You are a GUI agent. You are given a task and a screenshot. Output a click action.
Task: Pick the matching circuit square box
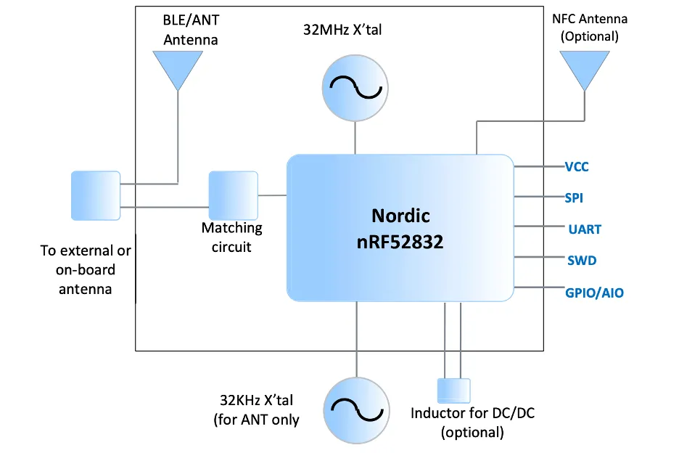click(x=233, y=195)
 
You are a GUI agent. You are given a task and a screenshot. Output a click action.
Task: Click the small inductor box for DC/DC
click(x=453, y=391)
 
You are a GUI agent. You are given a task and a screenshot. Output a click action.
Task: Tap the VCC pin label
click(x=577, y=167)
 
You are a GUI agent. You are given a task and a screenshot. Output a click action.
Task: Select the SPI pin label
click(x=574, y=197)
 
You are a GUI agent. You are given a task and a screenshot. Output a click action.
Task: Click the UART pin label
click(x=585, y=229)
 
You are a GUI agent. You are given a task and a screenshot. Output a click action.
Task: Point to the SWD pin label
click(x=581, y=260)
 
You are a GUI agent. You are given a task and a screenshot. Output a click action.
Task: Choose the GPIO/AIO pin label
click(x=594, y=293)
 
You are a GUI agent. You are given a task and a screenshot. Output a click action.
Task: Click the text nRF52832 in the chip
click(x=400, y=242)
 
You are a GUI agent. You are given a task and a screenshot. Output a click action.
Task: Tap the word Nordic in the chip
click(x=400, y=215)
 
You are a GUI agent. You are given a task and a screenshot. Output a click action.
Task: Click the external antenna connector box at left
click(x=96, y=195)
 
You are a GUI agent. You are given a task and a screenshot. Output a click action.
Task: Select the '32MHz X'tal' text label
click(x=343, y=30)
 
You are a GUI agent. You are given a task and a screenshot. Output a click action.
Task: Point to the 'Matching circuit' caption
click(x=231, y=237)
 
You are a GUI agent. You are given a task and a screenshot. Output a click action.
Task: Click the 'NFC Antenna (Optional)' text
click(x=589, y=28)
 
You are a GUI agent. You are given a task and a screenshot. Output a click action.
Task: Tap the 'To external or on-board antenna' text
click(x=86, y=269)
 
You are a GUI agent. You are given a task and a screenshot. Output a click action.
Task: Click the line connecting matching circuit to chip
click(x=272, y=195)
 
